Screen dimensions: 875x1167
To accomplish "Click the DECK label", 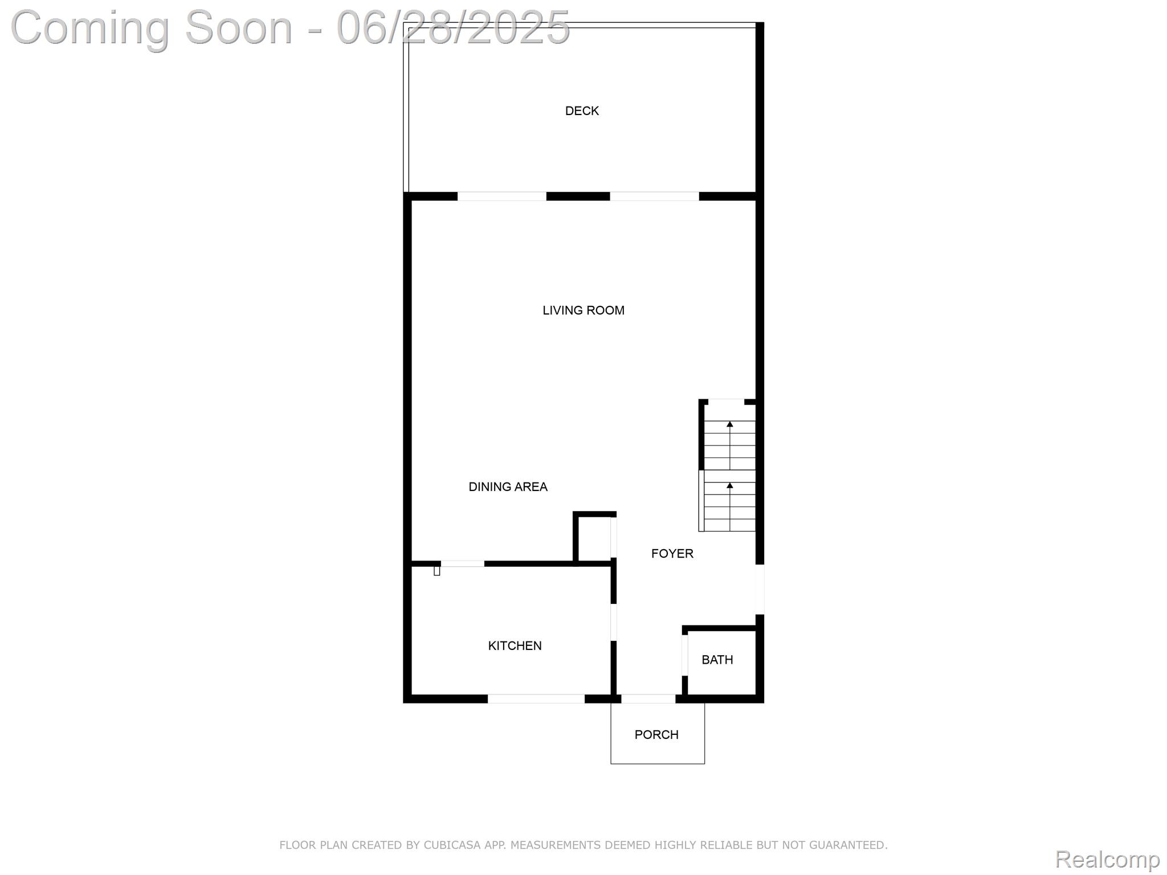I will [582, 111].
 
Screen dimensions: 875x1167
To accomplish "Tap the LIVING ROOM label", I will [583, 310].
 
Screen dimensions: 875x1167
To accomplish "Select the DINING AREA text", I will [508, 487].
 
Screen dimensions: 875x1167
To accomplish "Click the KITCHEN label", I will [515, 646].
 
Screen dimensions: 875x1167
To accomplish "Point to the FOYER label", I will [672, 554].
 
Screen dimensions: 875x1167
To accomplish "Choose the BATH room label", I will [717, 660].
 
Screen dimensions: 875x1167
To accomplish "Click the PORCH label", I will [656, 735].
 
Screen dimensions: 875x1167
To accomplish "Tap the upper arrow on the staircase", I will [729, 424].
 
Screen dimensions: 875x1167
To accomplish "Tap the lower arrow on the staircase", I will [729, 486].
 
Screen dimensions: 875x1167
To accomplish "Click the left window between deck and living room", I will [501, 197].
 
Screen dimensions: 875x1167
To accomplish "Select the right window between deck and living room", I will [654, 197].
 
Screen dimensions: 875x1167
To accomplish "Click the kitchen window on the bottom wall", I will [536, 699].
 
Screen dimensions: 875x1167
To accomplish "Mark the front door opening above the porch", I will [648, 699].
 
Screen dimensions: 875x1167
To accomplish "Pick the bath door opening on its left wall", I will [685, 655].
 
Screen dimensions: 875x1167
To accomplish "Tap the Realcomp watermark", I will [1107, 859].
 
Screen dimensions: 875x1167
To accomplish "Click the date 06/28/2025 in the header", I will [453, 27].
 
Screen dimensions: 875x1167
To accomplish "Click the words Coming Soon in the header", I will [151, 27].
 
